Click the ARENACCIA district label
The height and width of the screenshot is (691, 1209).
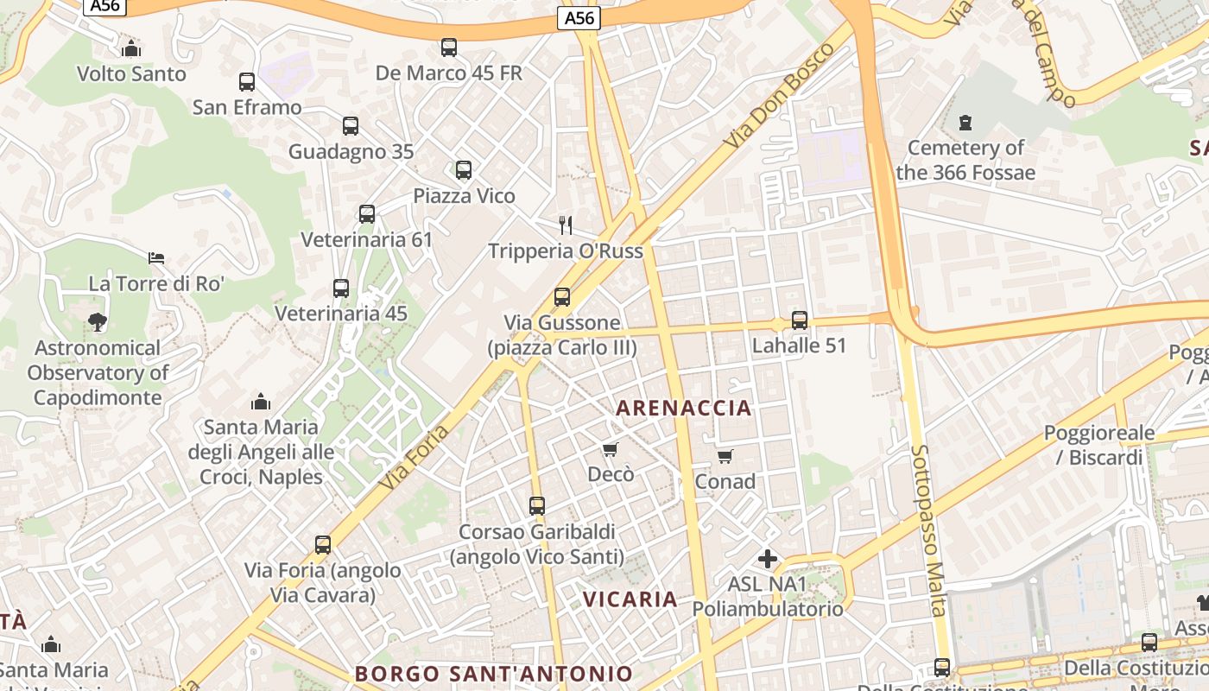tap(683, 409)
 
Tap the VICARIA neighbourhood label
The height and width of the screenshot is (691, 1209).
tap(630, 599)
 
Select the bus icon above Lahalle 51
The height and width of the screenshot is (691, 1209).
tap(800, 320)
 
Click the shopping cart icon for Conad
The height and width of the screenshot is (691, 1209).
tap(725, 456)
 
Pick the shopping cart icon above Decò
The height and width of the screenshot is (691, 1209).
tap(611, 449)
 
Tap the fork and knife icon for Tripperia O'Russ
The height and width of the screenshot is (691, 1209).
tap(566, 225)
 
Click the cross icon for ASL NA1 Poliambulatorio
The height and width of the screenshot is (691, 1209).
tap(767, 559)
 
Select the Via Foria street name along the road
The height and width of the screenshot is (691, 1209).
tap(414, 458)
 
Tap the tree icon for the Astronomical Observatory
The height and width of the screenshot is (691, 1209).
tap(98, 322)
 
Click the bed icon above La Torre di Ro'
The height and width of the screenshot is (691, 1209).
tap(156, 258)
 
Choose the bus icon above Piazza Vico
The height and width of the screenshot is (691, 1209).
tap(464, 170)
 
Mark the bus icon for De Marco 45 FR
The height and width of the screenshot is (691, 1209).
tap(449, 48)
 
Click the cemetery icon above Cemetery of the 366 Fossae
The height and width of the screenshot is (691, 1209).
tap(965, 123)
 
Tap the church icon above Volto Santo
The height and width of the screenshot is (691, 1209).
tap(131, 49)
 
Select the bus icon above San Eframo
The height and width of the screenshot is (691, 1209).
tap(247, 82)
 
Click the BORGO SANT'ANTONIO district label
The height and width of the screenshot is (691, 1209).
tap(494, 674)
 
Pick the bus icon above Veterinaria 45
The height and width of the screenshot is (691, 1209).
tap(341, 288)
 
